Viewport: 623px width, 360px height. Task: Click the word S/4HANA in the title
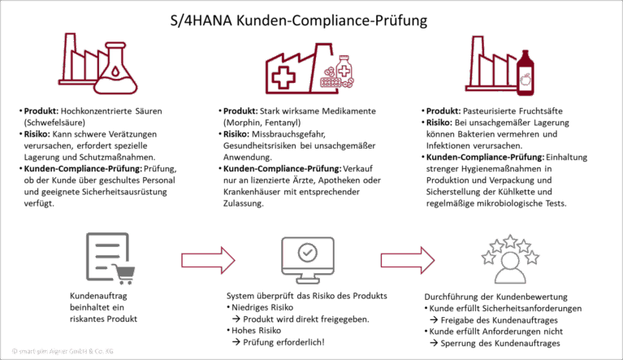pyautogui.click(x=201, y=20)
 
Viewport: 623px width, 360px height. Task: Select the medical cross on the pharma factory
pyautogui.click(x=283, y=76)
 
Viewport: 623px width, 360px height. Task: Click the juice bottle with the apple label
pyautogui.click(x=526, y=73)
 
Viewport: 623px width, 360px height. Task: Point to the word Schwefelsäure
pyautogui.click(x=54, y=123)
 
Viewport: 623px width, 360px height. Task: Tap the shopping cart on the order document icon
pyautogui.click(x=124, y=274)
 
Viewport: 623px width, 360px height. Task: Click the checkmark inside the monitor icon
pyautogui.click(x=308, y=252)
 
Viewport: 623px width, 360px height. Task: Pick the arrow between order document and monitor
pyautogui.click(x=208, y=260)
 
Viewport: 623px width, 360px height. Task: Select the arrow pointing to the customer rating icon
pyautogui.click(x=408, y=260)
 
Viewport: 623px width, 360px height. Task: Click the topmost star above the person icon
pyautogui.click(x=510, y=241)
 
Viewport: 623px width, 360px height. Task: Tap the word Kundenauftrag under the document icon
pyautogui.click(x=98, y=296)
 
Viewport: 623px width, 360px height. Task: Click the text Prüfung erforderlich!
pyautogui.click(x=283, y=342)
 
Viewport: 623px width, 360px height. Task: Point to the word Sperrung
pyautogui.click(x=458, y=343)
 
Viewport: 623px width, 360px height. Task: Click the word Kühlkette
pyautogui.click(x=533, y=192)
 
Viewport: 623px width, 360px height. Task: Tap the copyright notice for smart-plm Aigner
pyautogui.click(x=63, y=351)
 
